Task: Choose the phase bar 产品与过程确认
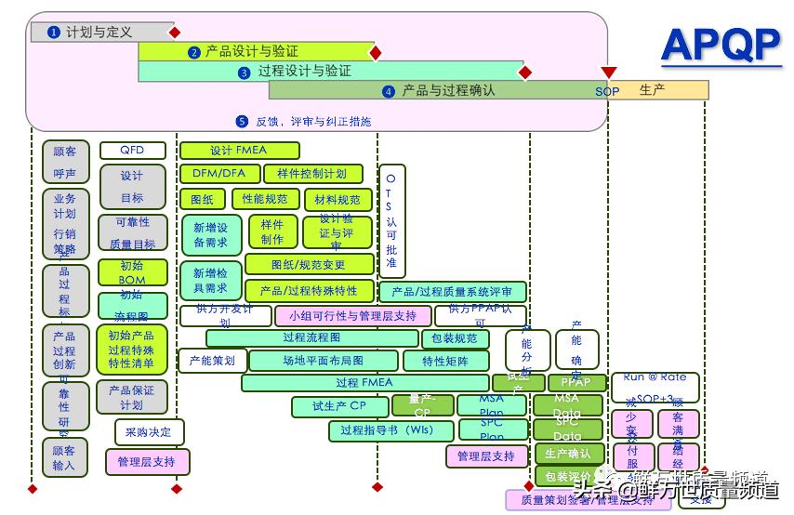point(437,90)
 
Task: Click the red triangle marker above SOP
point(609,73)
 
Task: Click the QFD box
point(132,151)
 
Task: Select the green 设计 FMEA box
point(239,151)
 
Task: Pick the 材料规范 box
point(337,200)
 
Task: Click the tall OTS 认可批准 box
point(390,220)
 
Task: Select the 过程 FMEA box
point(364,383)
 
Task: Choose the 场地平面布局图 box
point(324,361)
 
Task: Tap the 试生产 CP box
point(339,406)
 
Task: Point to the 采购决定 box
point(150,432)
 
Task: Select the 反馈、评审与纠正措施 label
point(303,121)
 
